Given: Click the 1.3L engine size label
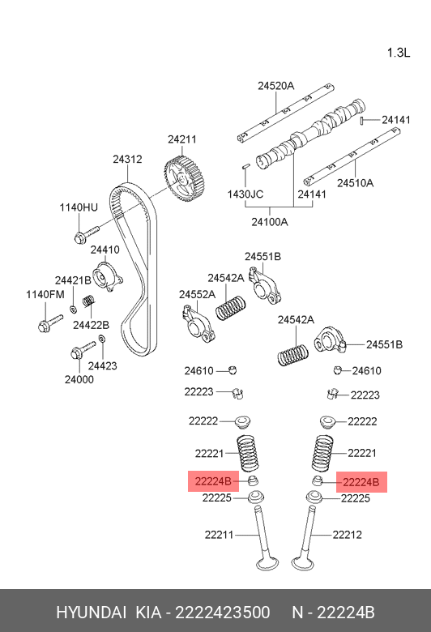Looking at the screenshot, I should (399, 53).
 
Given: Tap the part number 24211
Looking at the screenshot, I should (182, 139).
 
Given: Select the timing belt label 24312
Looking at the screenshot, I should (127, 160).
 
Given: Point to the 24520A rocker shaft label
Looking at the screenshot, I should (276, 86).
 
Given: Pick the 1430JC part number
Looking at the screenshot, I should (245, 194).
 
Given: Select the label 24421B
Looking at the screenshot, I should (73, 280).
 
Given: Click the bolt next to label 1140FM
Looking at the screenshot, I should (45, 326).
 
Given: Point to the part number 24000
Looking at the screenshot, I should (79, 378).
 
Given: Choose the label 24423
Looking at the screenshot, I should (103, 365).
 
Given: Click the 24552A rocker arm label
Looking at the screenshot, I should (197, 294).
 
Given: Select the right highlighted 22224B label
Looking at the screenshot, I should (361, 481).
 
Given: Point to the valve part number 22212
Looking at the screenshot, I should (347, 534).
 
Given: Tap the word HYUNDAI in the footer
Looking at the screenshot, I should (89, 612).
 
